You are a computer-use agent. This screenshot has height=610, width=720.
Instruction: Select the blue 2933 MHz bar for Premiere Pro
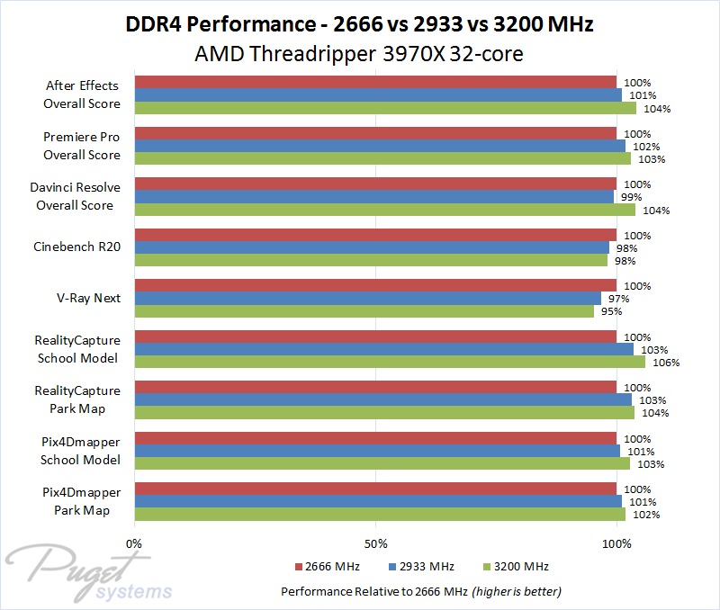click(x=379, y=146)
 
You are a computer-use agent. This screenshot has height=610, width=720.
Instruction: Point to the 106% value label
click(x=666, y=363)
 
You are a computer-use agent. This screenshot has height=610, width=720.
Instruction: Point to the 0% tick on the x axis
click(x=134, y=543)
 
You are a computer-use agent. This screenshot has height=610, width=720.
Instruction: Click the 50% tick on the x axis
click(x=375, y=543)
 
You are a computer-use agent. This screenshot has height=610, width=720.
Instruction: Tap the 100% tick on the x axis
click(x=616, y=543)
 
